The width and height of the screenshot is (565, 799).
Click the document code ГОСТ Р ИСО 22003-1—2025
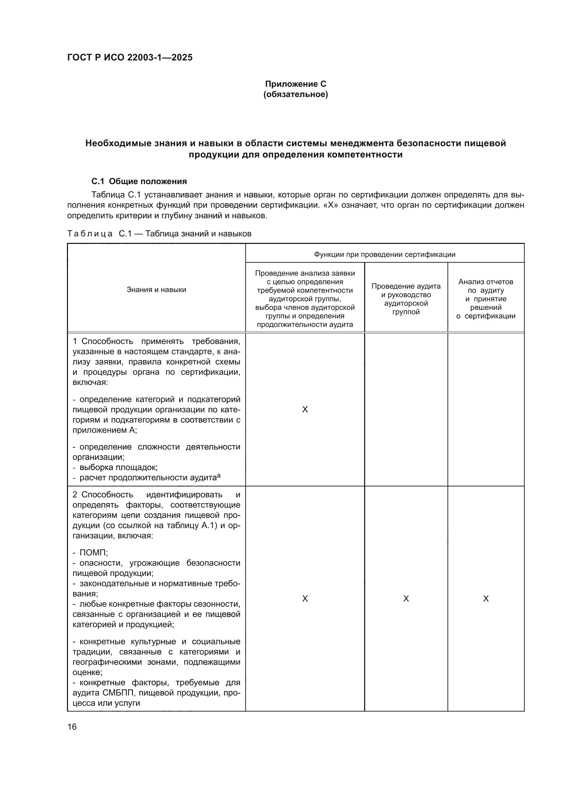pos(130,58)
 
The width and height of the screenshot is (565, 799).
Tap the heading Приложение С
pos(295,84)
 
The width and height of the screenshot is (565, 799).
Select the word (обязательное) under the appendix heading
pos(295,94)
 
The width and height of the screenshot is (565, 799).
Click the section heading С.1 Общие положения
pos(139,181)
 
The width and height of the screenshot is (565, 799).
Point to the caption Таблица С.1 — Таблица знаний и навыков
pos(159,234)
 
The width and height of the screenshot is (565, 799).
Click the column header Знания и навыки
pos(156,290)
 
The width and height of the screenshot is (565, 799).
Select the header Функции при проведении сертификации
pos(384,254)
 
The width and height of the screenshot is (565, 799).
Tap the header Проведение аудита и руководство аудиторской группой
pos(406,299)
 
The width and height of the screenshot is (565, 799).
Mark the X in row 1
pos(305,410)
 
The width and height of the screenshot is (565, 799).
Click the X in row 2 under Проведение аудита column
pos(406,598)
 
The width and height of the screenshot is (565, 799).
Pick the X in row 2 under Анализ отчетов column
pos(486,598)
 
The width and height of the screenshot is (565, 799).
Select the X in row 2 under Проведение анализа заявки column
pos(305,598)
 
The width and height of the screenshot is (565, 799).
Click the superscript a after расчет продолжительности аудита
pos(219,476)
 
